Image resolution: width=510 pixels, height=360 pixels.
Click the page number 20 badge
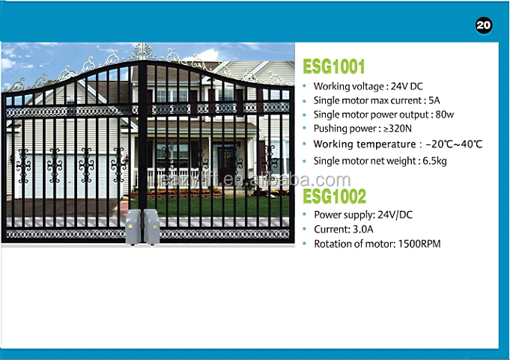coord(484,25)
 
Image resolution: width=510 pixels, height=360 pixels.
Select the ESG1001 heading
coord(334,67)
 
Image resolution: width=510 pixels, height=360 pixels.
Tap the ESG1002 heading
coord(334,196)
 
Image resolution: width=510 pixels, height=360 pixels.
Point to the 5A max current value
coord(434,100)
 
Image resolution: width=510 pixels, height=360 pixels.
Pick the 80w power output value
coord(445,115)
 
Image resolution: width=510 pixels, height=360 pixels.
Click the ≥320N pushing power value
coord(398,129)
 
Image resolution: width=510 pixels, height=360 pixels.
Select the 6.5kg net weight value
coord(434,161)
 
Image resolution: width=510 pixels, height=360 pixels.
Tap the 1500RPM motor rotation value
coord(419,244)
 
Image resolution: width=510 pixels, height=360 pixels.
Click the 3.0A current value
coord(363,229)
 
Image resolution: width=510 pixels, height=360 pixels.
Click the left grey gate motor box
coord(133,227)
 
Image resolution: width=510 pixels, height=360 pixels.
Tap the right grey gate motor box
coord(151,227)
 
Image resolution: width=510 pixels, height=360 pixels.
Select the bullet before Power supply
coord(305,215)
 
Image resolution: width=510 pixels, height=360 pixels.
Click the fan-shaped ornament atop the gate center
coord(142,52)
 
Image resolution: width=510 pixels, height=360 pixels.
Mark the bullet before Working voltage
coord(305,86)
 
